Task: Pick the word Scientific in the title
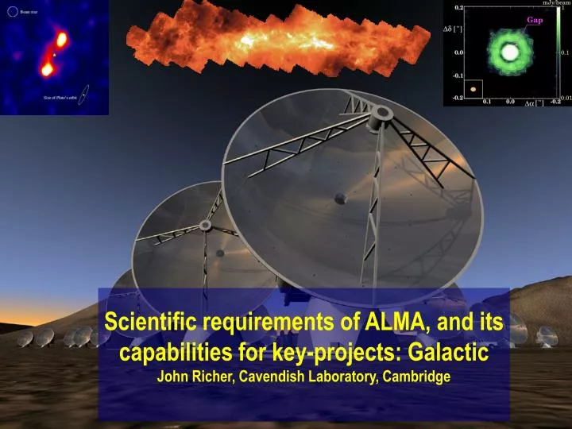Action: [153, 322]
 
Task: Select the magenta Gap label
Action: [534, 20]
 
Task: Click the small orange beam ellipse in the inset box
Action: [473, 89]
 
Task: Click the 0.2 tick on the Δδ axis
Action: [458, 7]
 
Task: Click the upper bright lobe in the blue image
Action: [61, 39]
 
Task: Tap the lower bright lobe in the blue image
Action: [46, 69]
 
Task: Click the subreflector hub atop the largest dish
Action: [385, 114]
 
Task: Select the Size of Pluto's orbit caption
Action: [59, 98]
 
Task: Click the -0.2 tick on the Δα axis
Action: [555, 102]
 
